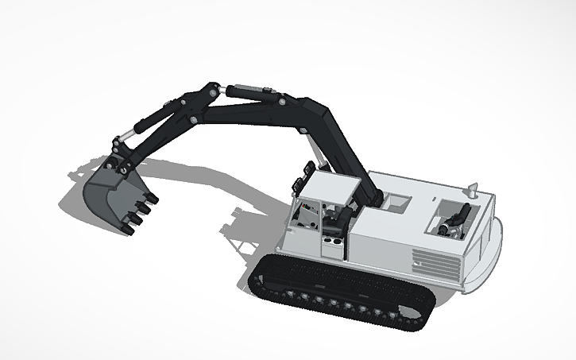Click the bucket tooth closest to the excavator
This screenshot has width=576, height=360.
[152, 199]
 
